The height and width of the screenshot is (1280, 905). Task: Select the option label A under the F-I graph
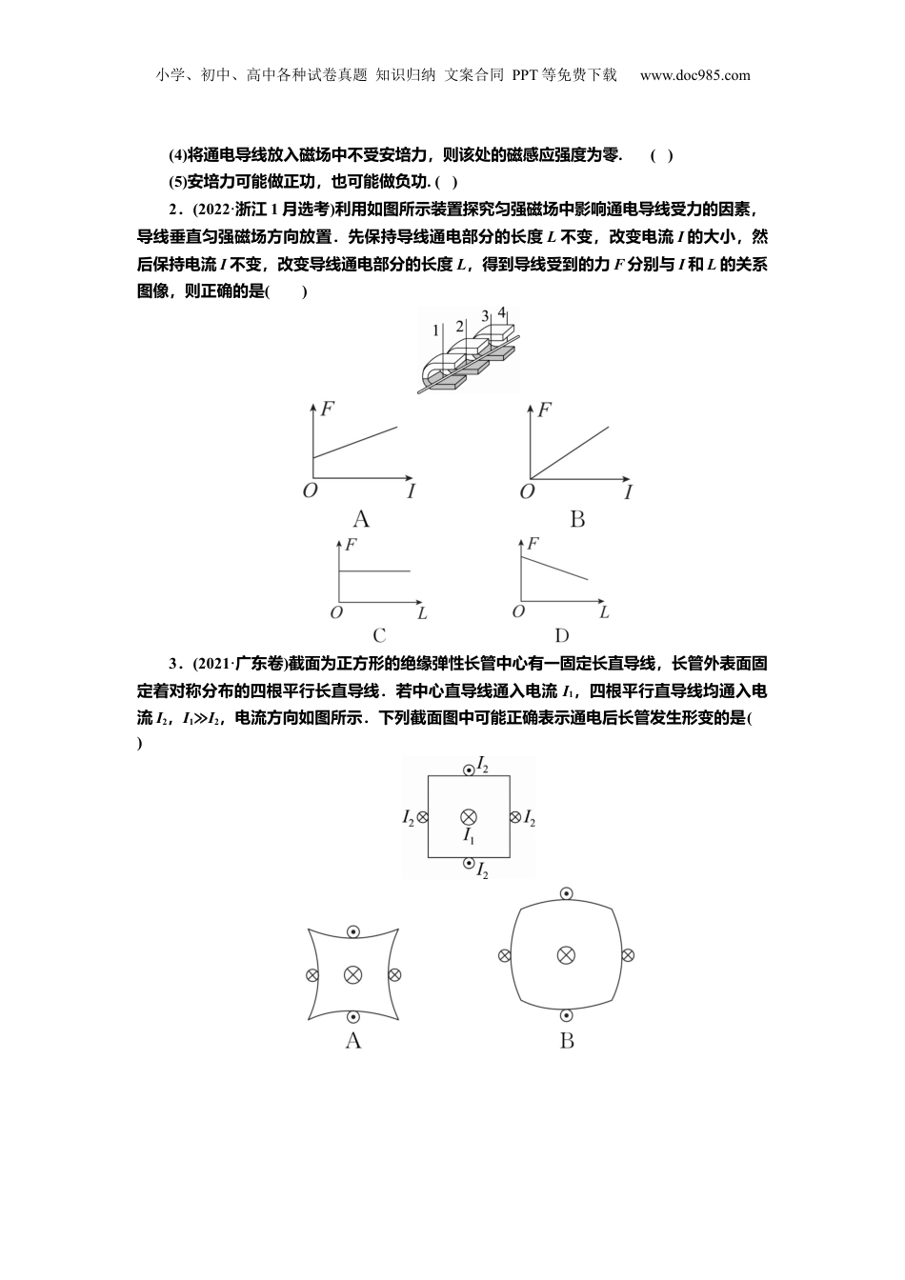[x=361, y=519]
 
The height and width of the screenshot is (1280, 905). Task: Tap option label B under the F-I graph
[x=576, y=519]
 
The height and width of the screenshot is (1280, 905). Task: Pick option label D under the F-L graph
[x=561, y=636]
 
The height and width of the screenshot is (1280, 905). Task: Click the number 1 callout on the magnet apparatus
[x=435, y=330]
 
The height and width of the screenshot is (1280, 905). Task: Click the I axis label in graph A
[x=411, y=491]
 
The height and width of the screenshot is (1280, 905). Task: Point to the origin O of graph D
[x=518, y=611]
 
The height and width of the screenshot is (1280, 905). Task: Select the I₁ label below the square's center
[x=469, y=835]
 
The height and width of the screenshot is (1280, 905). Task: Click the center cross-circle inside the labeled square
[x=468, y=816]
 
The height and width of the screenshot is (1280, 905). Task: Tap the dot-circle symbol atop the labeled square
[x=468, y=770]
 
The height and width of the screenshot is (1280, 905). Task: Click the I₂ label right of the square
[x=530, y=818]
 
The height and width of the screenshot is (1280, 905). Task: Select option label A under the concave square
[x=352, y=1041]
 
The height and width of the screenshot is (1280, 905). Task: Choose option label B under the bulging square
[x=567, y=1041]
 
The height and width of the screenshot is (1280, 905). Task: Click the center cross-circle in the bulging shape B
[x=566, y=954]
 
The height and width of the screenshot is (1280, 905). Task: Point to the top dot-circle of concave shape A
[x=352, y=931]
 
